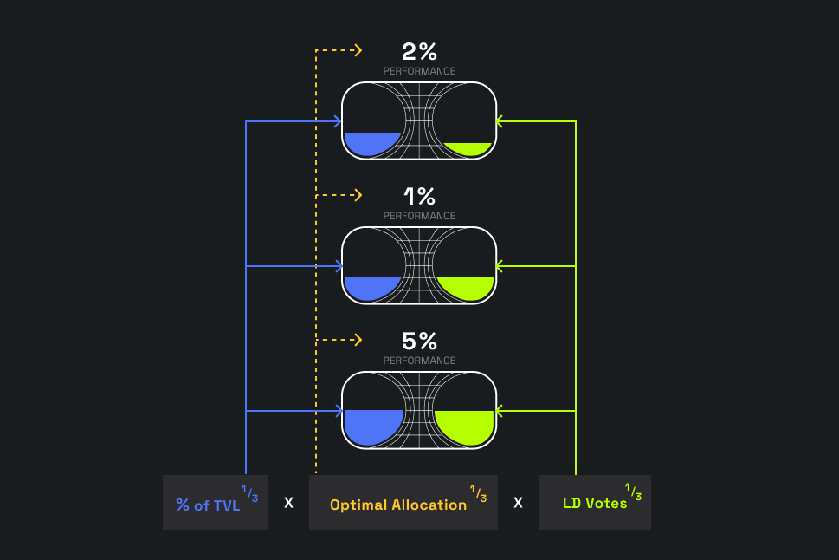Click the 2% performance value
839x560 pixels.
pyautogui.click(x=419, y=51)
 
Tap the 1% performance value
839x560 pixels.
pyautogui.click(x=419, y=196)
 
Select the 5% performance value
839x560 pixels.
pyautogui.click(x=419, y=341)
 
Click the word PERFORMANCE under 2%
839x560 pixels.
pyautogui.click(x=419, y=71)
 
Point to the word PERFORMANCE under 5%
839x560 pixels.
pyautogui.click(x=419, y=360)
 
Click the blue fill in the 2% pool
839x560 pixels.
pyautogui.click(x=371, y=142)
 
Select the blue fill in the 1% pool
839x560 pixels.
pyautogui.click(x=371, y=288)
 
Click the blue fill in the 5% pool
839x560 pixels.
pyautogui.click(x=373, y=427)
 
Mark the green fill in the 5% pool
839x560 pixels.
pyautogui.click(x=464, y=427)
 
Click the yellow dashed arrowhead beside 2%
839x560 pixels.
pyautogui.click(x=358, y=50)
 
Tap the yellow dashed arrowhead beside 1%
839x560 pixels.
pyautogui.click(x=358, y=195)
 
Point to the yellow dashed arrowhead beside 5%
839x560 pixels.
pyautogui.click(x=358, y=340)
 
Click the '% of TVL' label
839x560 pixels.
pyautogui.click(x=208, y=505)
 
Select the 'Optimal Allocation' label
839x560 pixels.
pyautogui.click(x=398, y=505)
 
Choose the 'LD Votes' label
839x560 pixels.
pyautogui.click(x=595, y=503)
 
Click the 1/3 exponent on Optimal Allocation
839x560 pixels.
pyautogui.click(x=478, y=493)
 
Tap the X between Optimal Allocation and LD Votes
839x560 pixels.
pyautogui.click(x=518, y=503)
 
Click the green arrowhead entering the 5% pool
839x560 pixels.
pyautogui.click(x=500, y=411)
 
